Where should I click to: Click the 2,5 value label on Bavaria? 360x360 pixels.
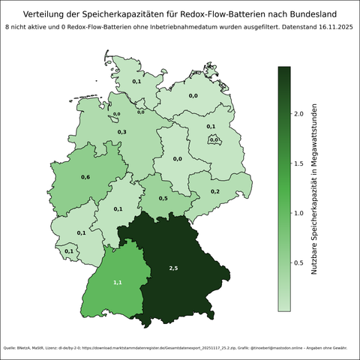point(174,268)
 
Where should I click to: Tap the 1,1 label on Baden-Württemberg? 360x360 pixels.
point(118,282)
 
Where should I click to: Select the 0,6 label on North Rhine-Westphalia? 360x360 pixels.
point(85,177)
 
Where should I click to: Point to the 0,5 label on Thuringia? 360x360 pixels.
point(163,198)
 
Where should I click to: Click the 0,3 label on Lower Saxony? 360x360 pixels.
point(122,132)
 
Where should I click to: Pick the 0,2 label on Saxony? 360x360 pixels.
point(215,192)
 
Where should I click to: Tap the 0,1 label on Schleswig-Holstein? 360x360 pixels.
point(136,81)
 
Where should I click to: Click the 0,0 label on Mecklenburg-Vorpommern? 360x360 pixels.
point(193,96)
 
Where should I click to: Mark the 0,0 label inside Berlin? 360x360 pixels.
point(214,139)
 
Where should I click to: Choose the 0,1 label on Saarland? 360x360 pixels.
point(69,251)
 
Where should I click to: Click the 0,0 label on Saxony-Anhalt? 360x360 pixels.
point(178,159)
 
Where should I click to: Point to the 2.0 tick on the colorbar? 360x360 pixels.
point(298,113)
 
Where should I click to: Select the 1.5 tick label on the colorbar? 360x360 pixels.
point(298,163)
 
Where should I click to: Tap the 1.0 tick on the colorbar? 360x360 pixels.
point(298,213)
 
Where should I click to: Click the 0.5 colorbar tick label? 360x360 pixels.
point(298,262)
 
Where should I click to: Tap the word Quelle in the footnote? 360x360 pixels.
point(11,348)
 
